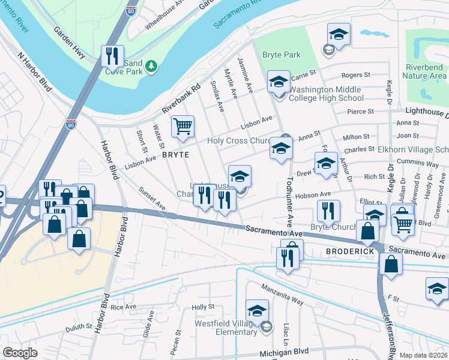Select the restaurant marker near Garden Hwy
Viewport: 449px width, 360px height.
112,56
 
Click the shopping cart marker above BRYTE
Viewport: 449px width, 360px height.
182,127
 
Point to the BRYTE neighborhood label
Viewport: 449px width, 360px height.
175,154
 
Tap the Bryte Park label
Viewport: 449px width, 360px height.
281,55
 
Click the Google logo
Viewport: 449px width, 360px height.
20,353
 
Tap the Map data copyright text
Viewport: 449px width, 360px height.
424,355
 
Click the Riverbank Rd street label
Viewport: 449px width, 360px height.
179,100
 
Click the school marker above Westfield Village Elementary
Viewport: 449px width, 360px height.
257,311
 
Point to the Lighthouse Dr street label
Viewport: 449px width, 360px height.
426,112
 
